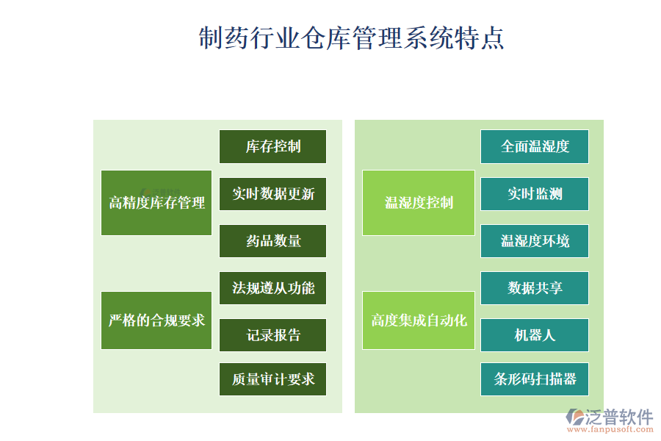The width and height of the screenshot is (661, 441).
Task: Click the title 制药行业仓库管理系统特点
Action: coord(351,38)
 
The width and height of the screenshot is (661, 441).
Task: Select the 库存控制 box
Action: coord(272,146)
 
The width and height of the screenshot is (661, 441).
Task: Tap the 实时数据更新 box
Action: coord(272,194)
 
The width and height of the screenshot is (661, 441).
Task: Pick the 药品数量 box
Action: coord(272,241)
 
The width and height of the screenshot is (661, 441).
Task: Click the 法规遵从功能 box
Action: coord(272,288)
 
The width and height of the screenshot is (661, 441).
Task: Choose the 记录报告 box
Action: coord(272,335)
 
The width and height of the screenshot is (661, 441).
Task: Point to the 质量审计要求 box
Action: coord(272,379)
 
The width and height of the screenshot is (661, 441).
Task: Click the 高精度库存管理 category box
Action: coord(156,203)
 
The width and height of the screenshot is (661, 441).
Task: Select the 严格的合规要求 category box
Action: coord(156,320)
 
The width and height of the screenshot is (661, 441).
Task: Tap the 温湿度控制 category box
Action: coord(419,203)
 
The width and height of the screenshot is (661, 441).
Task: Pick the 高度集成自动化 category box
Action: coord(419,320)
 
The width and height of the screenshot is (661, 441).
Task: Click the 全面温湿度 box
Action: coord(535,146)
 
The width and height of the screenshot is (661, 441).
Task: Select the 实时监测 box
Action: coord(535,194)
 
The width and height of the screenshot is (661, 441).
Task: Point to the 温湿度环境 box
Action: coord(535,241)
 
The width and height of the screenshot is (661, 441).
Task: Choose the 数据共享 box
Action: coord(535,288)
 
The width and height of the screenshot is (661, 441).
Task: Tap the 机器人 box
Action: coord(535,335)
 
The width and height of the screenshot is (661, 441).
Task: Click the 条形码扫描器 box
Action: coord(535,379)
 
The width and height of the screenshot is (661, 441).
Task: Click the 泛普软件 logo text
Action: coord(619,417)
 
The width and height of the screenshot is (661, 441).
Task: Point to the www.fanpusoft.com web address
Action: coord(610,429)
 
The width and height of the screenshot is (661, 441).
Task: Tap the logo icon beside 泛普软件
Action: coord(575,417)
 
